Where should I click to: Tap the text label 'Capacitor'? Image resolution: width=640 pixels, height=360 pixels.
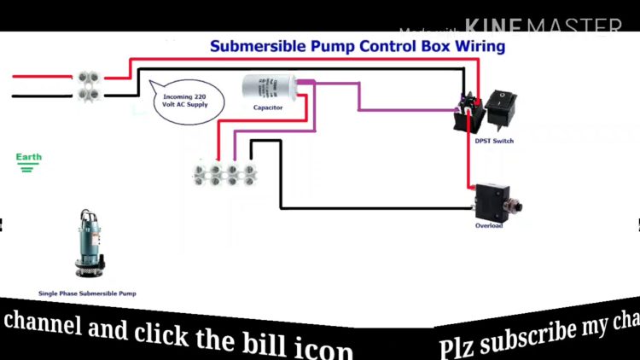pyautogui.click(x=268, y=107)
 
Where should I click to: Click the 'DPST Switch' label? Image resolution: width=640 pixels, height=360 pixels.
pyautogui.click(x=495, y=141)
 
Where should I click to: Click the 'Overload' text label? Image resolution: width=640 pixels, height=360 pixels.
pyautogui.click(x=489, y=225)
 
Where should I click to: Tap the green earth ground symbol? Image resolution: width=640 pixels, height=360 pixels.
pyautogui.click(x=28, y=168)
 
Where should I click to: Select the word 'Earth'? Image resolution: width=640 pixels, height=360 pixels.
pyautogui.click(x=28, y=157)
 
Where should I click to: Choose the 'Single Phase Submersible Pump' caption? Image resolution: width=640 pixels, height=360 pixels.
pyautogui.click(x=87, y=293)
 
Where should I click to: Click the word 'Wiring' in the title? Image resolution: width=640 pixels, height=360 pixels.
pyautogui.click(x=480, y=45)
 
